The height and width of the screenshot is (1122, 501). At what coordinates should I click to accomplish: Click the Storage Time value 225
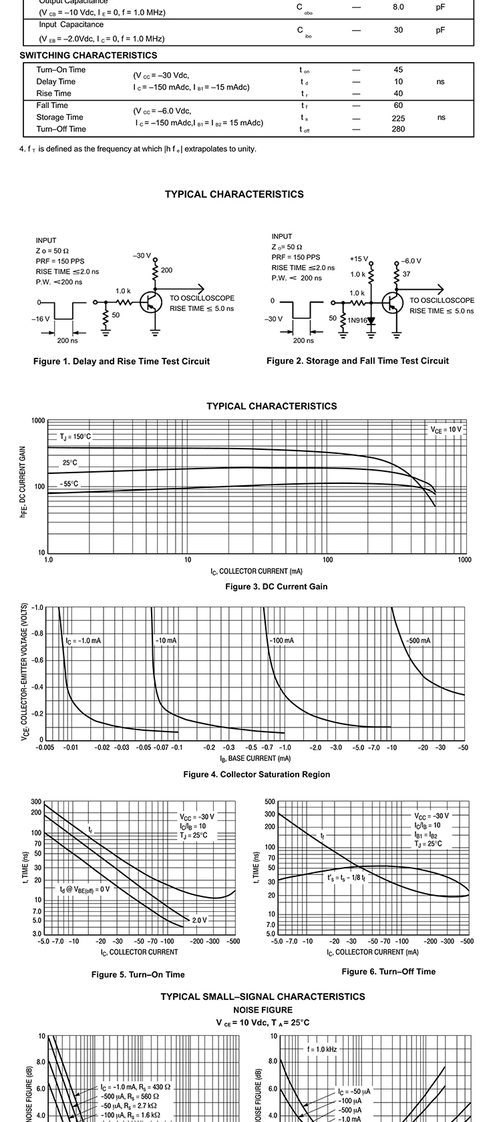coord(398,117)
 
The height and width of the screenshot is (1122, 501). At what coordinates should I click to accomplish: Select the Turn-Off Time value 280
coord(398,129)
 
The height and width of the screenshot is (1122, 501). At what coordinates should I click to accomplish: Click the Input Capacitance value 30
coord(398,30)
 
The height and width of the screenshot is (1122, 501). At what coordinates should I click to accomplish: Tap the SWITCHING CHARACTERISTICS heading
coord(88,55)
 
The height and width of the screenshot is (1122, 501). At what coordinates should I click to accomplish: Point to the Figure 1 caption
coord(122,361)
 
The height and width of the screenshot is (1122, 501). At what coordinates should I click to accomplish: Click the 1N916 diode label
coord(357,320)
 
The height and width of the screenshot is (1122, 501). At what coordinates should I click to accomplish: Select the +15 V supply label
coord(359,259)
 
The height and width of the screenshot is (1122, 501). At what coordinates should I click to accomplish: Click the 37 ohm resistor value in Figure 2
coord(407,274)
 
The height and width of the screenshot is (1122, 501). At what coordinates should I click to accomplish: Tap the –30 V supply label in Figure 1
coord(142,256)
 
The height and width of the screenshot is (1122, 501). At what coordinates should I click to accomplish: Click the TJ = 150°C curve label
coord(75,437)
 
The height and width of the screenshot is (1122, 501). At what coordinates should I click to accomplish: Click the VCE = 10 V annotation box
coord(446,430)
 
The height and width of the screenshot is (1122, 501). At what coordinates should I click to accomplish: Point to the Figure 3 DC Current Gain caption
coord(277,587)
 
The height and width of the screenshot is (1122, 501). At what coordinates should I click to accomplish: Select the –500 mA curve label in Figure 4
coord(418,641)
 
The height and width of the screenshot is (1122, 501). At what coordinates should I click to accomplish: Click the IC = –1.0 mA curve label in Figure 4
coord(83,641)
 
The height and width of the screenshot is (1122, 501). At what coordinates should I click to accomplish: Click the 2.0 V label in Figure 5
coord(200,920)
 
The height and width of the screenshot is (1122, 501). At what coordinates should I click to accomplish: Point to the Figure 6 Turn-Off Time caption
coord(388,971)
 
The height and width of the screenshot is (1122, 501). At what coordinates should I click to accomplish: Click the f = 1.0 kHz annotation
coord(322,1049)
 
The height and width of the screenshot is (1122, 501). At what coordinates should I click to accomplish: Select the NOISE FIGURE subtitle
coord(263,1010)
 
